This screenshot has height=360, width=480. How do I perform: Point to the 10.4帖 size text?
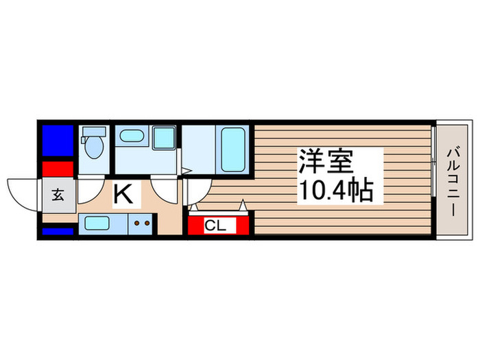pyautogui.click(x=335, y=190)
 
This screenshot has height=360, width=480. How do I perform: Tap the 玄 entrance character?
pyautogui.click(x=58, y=195)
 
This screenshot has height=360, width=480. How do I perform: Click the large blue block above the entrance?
pyautogui.click(x=58, y=141)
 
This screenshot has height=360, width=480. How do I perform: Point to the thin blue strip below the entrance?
pyautogui.click(x=58, y=231)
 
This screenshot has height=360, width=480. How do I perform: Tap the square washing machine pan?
pyautogui.click(x=165, y=138)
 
